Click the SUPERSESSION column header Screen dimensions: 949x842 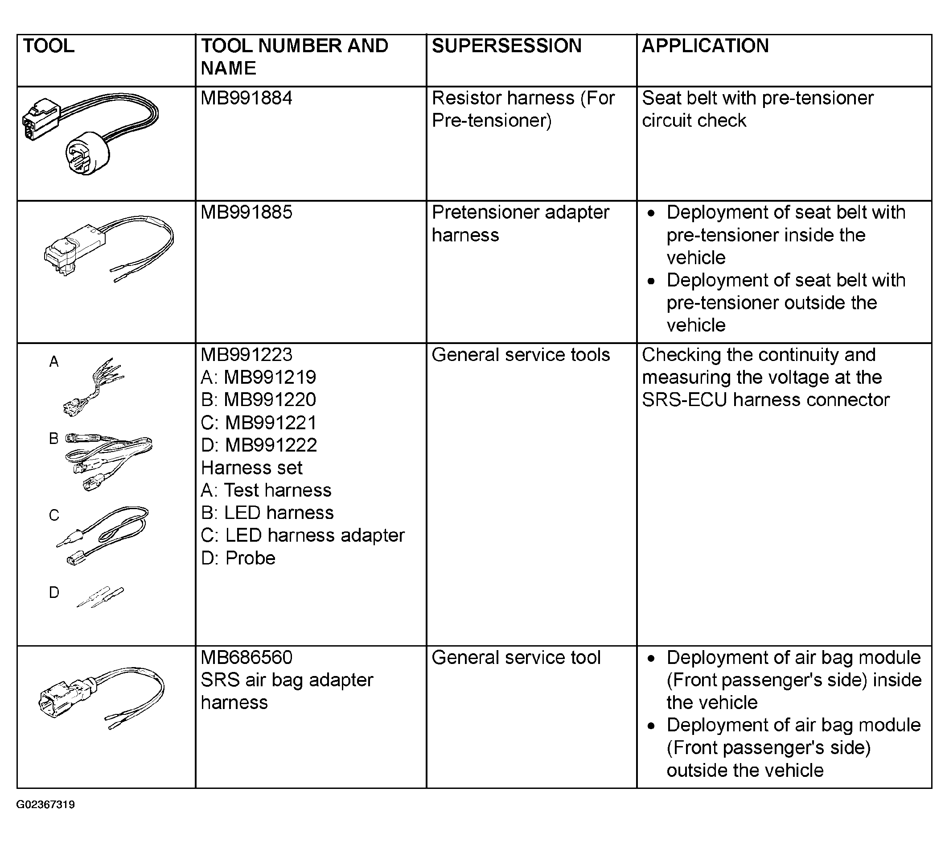click(x=506, y=46)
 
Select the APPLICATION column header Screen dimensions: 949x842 click(x=705, y=46)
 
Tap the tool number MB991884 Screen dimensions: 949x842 click(x=246, y=98)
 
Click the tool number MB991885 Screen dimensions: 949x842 click(x=246, y=212)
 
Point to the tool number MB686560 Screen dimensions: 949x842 click(x=246, y=658)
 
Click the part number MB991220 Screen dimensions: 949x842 click(x=270, y=400)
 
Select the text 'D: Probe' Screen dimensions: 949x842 click(x=238, y=558)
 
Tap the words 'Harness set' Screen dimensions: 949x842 click(x=252, y=468)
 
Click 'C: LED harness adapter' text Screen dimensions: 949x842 click(x=303, y=535)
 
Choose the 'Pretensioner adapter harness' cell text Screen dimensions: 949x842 click(x=520, y=224)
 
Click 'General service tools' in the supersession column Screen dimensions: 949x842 click(x=521, y=355)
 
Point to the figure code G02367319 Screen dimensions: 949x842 click(x=45, y=805)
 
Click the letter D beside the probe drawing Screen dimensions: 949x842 click(x=54, y=593)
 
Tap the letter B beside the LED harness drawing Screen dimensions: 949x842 click(x=54, y=438)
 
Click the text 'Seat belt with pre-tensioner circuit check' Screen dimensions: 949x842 click(x=758, y=109)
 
